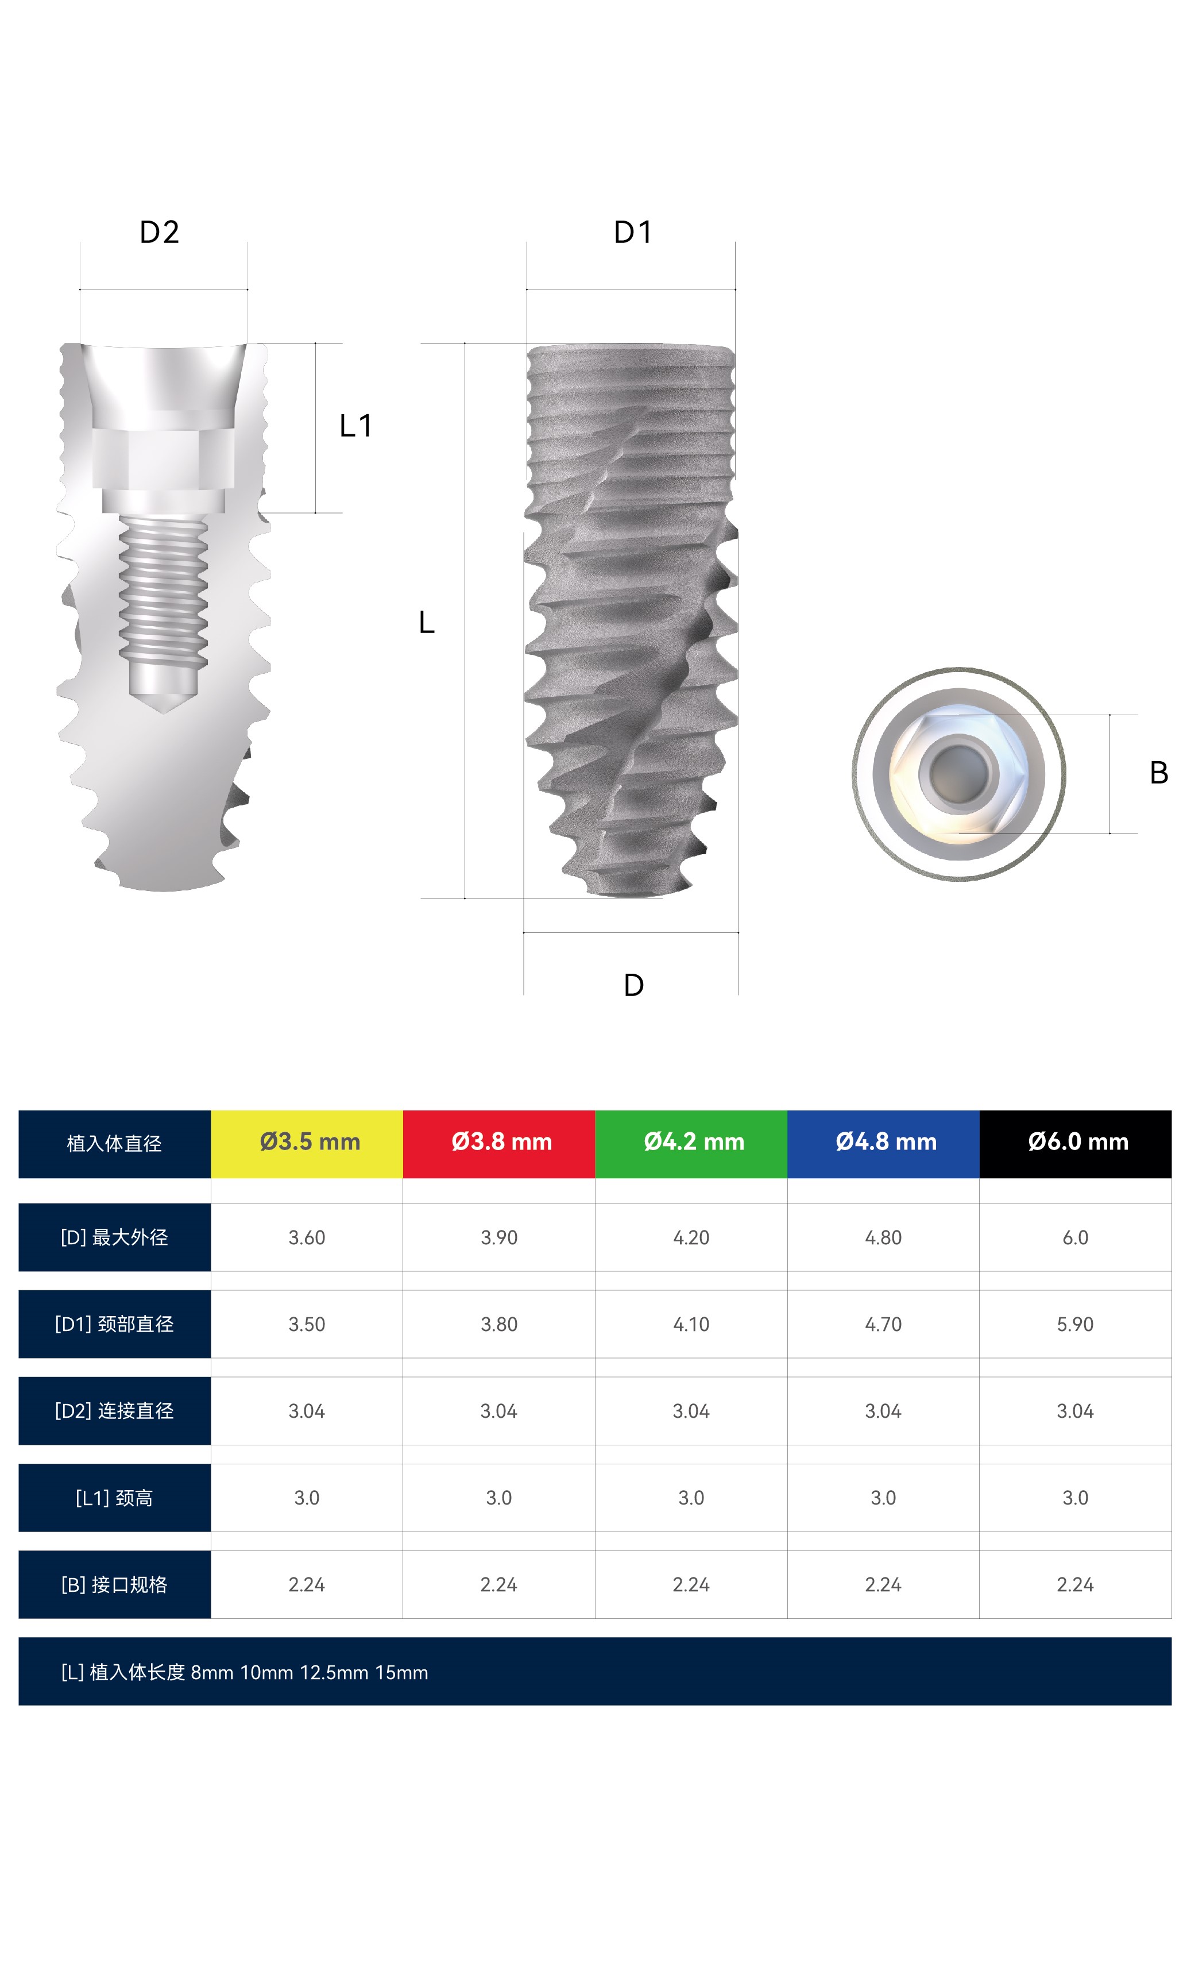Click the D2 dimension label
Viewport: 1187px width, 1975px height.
tap(159, 232)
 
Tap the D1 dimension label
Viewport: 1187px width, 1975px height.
tap(633, 232)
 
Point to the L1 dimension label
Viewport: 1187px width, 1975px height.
tap(355, 426)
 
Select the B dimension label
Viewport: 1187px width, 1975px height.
tap(1158, 773)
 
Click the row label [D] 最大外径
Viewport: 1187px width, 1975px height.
tap(114, 1237)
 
